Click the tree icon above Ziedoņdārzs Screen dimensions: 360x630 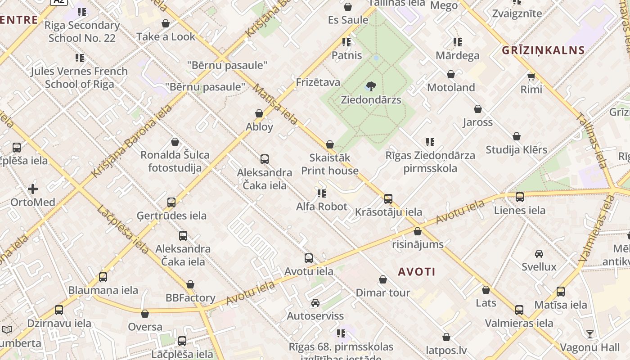click(x=371, y=86)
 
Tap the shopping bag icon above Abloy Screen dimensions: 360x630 click(x=259, y=113)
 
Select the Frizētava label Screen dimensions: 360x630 click(x=318, y=82)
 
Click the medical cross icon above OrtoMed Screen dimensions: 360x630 click(x=33, y=189)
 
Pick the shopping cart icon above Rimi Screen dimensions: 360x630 click(x=531, y=76)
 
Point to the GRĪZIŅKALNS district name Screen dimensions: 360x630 click(x=543, y=50)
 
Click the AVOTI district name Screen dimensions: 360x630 click(x=417, y=271)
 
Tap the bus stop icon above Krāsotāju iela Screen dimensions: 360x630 click(x=388, y=198)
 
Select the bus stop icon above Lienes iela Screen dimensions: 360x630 click(x=520, y=197)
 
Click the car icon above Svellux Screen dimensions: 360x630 click(x=539, y=253)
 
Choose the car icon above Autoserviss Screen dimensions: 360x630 click(x=315, y=302)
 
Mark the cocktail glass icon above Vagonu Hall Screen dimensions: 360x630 click(x=590, y=334)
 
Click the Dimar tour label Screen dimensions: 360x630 click(x=383, y=292)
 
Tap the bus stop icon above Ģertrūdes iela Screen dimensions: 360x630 click(x=171, y=202)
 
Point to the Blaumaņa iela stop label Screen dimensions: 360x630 click(x=103, y=290)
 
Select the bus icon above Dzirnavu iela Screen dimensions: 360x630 click(x=59, y=310)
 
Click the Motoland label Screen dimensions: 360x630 click(x=451, y=87)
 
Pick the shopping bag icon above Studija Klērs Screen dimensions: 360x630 click(x=517, y=136)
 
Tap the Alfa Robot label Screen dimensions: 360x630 click(x=322, y=207)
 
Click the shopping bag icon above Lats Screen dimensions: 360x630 click(x=486, y=290)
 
